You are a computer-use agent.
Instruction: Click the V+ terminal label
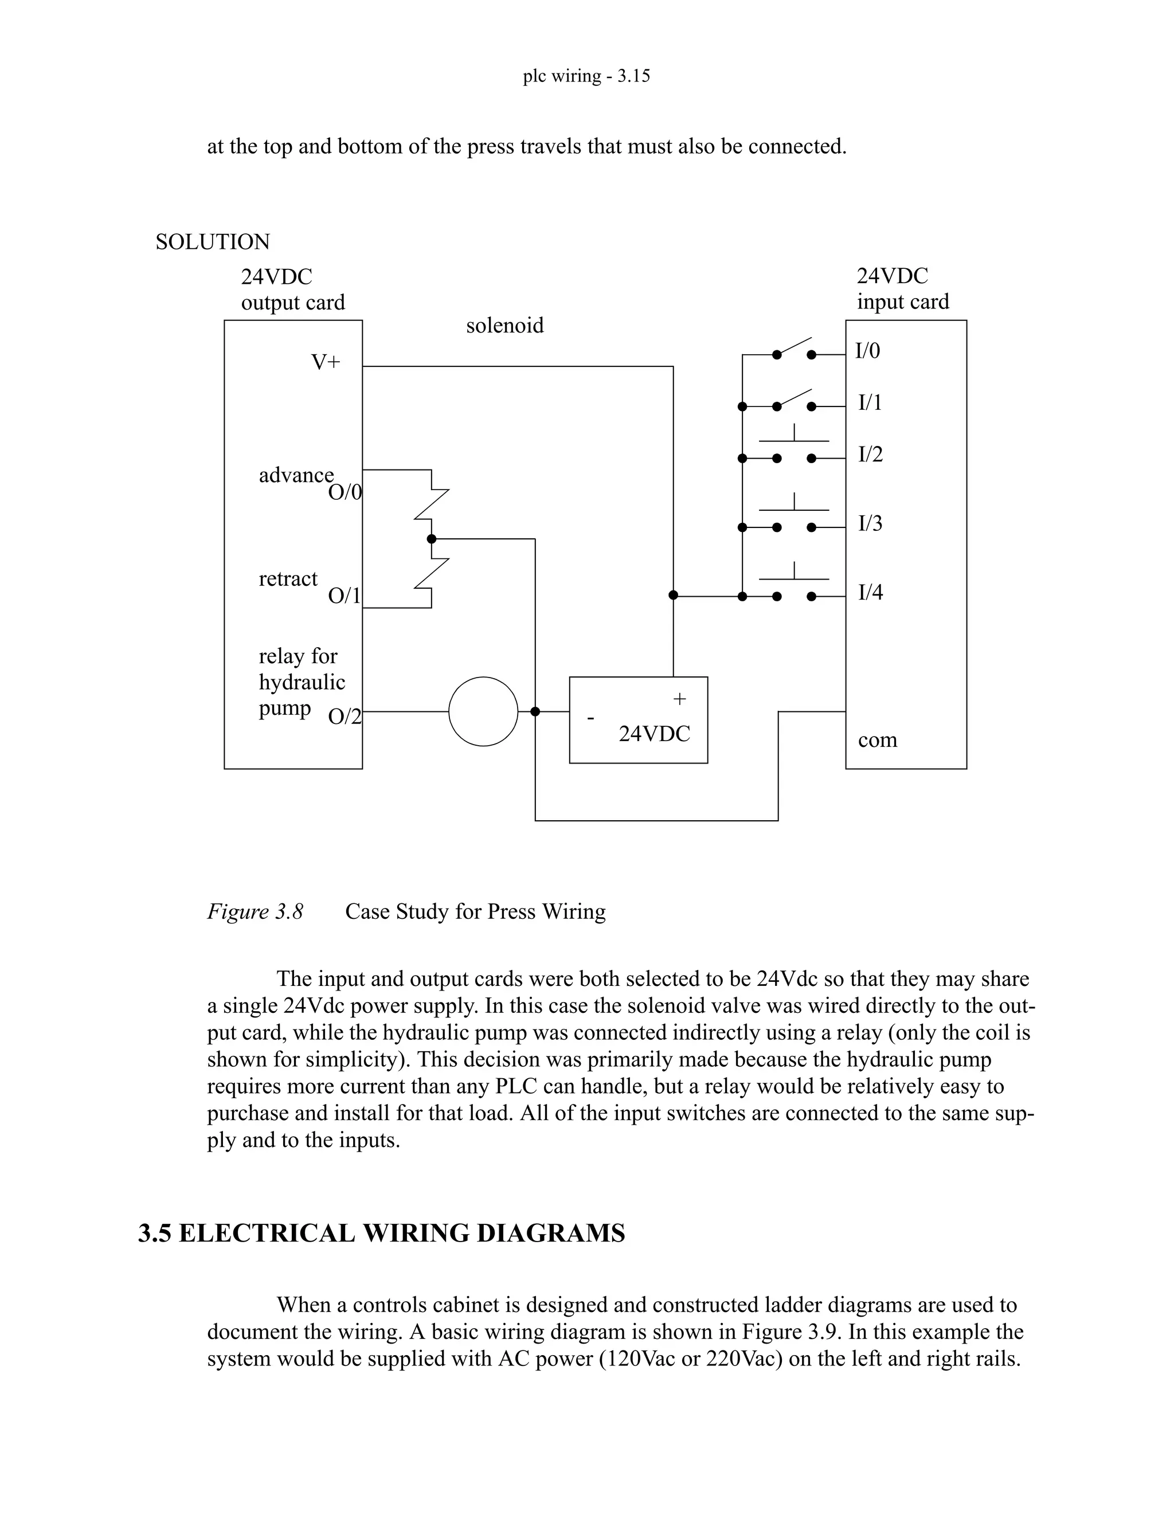pos(325,362)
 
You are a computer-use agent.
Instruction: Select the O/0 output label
pos(345,493)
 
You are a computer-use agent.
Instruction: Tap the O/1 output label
pos(345,596)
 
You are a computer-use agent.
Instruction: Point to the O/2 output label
pos(345,717)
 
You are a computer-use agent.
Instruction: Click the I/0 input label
pos(867,351)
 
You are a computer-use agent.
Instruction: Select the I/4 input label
pos(870,593)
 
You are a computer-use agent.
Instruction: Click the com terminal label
pos(877,741)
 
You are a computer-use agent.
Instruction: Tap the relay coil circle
pos(483,711)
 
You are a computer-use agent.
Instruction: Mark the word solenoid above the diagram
pos(505,326)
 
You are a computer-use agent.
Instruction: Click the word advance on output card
pos(296,476)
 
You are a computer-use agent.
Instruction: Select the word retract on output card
pos(288,580)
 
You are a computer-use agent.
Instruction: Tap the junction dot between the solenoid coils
pos(431,539)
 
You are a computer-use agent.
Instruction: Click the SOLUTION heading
pos(212,242)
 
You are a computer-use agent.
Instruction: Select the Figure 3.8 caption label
pos(255,912)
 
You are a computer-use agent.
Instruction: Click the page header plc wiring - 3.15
pos(586,76)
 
